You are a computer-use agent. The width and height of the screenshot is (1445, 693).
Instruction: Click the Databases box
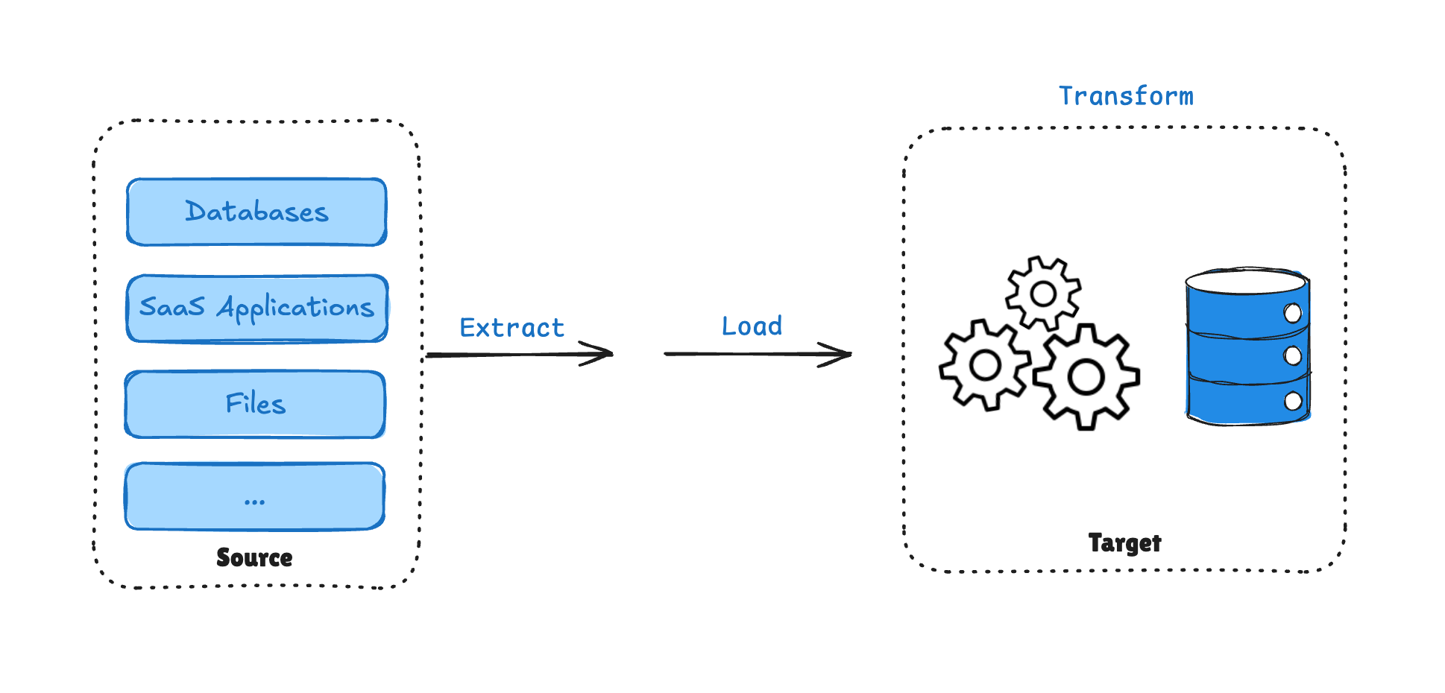point(256,212)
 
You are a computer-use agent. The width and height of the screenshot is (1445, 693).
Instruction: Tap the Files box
point(255,405)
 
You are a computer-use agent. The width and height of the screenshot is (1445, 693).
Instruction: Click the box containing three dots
point(254,497)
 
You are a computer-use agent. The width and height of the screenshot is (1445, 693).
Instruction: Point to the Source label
point(254,557)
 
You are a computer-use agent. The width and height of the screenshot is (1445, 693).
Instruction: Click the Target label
point(1124,543)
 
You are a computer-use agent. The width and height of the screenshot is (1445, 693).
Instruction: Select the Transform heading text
point(1126,96)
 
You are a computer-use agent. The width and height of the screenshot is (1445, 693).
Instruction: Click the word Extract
point(511,328)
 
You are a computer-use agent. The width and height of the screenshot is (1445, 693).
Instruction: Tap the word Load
point(752,326)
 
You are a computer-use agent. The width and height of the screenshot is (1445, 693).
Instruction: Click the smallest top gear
point(1042,294)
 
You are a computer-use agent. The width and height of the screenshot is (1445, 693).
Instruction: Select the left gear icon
point(985,365)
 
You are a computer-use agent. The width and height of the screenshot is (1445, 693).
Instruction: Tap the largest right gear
point(1086,377)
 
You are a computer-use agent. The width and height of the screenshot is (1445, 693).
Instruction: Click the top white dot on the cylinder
point(1293,313)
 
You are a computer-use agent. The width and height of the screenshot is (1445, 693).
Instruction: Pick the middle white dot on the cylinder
point(1293,356)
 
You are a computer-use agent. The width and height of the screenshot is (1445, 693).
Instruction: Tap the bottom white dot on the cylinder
point(1293,402)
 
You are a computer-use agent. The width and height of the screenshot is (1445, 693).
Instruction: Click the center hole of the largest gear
point(1086,377)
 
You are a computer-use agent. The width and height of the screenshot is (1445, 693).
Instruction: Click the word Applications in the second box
point(295,308)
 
